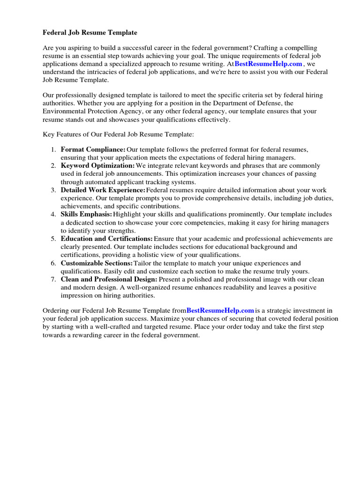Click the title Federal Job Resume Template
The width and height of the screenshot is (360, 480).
[90, 33]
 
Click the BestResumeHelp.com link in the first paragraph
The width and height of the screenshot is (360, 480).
[269, 64]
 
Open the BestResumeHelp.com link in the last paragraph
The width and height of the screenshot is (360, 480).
[220, 310]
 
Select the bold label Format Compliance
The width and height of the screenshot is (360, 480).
[93, 150]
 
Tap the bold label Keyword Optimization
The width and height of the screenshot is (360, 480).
[97, 166]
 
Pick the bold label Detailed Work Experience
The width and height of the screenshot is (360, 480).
[103, 190]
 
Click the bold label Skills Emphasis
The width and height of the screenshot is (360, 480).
[86, 214]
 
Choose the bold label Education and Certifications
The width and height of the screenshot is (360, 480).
[106, 239]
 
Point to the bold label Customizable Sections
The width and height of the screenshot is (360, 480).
[97, 263]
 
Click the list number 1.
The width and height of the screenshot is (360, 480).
[53, 150]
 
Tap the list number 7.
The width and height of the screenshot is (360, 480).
[53, 279]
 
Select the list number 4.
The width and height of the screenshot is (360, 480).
[53, 214]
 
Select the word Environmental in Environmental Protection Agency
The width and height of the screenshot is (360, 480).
[63, 111]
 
